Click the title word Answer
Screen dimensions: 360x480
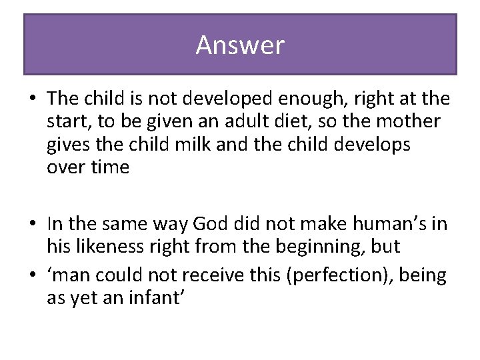pyautogui.click(x=240, y=45)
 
